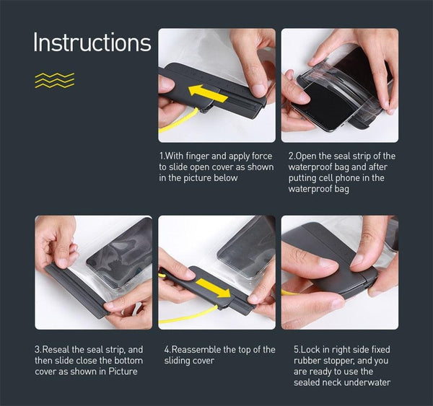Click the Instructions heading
pos(92,43)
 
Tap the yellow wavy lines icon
pos(55,80)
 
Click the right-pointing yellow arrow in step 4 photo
pos(214,288)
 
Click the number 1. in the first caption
pos(162,156)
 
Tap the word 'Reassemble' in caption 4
pos(198,350)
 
